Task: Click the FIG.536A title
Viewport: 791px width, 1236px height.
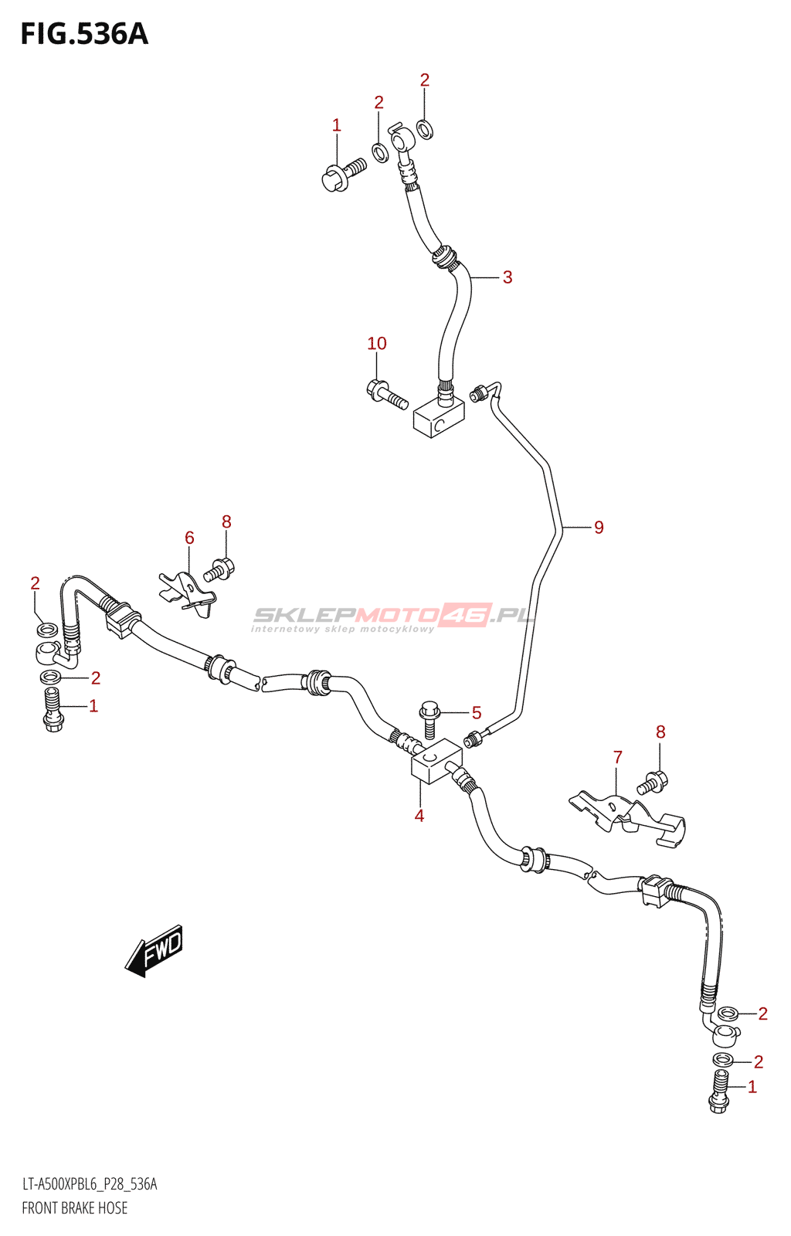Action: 84,34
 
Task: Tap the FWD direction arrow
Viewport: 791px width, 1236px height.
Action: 155,949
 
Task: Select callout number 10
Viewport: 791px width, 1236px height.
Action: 377,344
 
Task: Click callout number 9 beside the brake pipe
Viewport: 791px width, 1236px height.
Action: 599,528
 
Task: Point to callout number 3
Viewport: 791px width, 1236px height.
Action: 508,277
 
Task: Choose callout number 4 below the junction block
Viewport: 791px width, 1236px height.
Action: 419,816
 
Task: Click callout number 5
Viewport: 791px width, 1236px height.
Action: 477,713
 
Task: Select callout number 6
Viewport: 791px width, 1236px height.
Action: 189,538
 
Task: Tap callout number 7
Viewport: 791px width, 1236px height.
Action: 618,758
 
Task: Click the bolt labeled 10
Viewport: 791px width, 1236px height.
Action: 386,394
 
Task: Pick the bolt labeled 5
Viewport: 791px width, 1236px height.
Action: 429,718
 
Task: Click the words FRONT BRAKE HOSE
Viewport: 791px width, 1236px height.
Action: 75,1208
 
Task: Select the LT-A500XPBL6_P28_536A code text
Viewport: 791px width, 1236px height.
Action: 90,1184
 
